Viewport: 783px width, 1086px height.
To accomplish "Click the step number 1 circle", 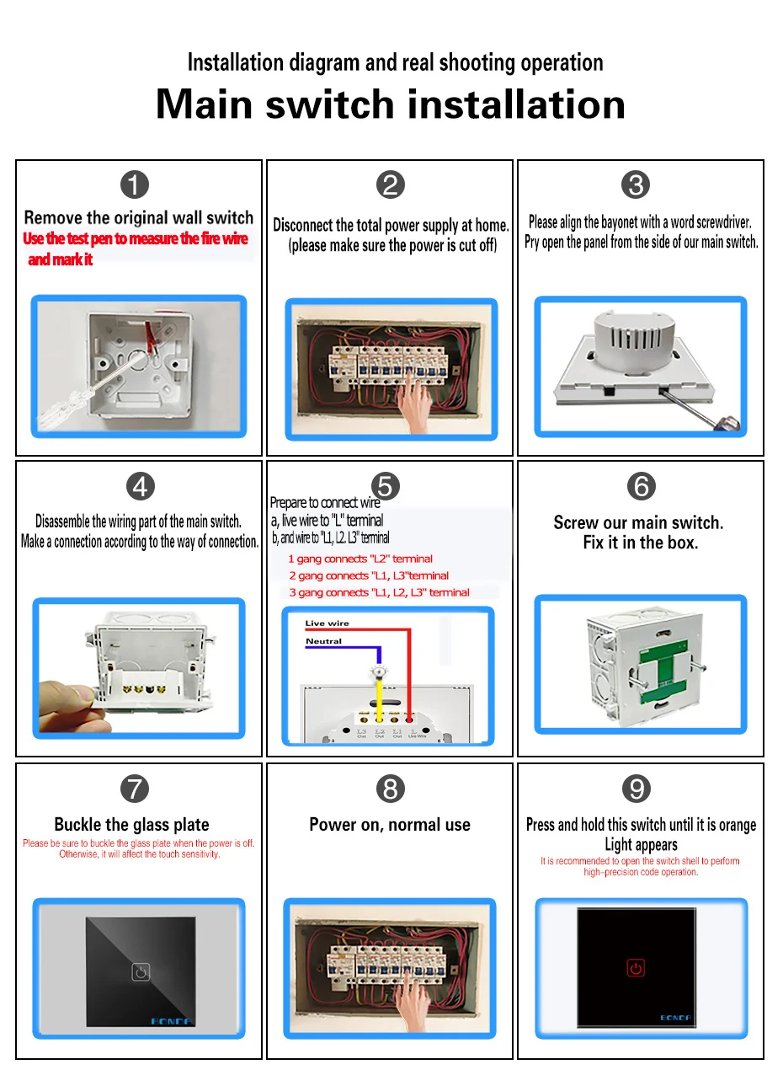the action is pyautogui.click(x=135, y=185).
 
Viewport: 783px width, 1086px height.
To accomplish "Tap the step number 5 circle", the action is pyautogui.click(x=385, y=486).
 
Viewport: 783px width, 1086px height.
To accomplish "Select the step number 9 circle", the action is pyautogui.click(x=637, y=789).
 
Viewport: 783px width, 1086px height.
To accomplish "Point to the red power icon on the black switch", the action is pyautogui.click(x=636, y=968).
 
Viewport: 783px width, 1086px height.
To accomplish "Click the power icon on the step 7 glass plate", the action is pyautogui.click(x=141, y=972).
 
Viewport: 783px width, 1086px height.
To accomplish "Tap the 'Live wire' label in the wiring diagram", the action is pyautogui.click(x=327, y=623).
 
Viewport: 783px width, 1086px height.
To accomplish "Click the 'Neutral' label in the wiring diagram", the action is pyautogui.click(x=323, y=641).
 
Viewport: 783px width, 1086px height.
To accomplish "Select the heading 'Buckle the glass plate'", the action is pyautogui.click(x=131, y=825).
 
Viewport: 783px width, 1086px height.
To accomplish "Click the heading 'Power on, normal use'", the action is pyautogui.click(x=390, y=825).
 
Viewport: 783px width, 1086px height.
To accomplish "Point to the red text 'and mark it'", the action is pyautogui.click(x=60, y=259).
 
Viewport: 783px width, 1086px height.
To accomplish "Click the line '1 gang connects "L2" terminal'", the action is pyautogui.click(x=360, y=559).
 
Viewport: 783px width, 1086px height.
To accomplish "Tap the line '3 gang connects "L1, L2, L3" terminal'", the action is pyautogui.click(x=379, y=592).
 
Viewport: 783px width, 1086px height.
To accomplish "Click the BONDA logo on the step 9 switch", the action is pyautogui.click(x=675, y=1018).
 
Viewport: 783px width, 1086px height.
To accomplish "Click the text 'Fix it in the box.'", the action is pyautogui.click(x=641, y=543).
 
